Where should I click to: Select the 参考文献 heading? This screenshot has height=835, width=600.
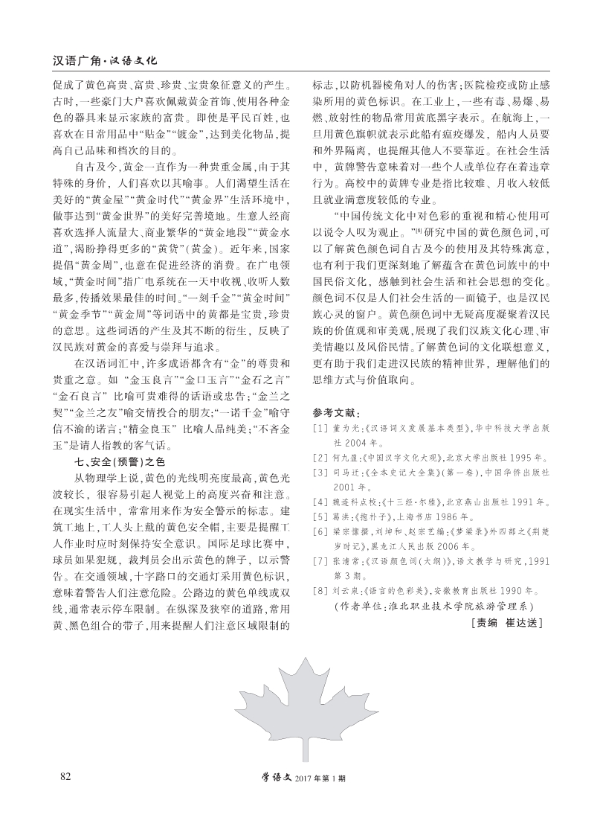tap(336, 412)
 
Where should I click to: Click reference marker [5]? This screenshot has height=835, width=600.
tap(319, 516)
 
